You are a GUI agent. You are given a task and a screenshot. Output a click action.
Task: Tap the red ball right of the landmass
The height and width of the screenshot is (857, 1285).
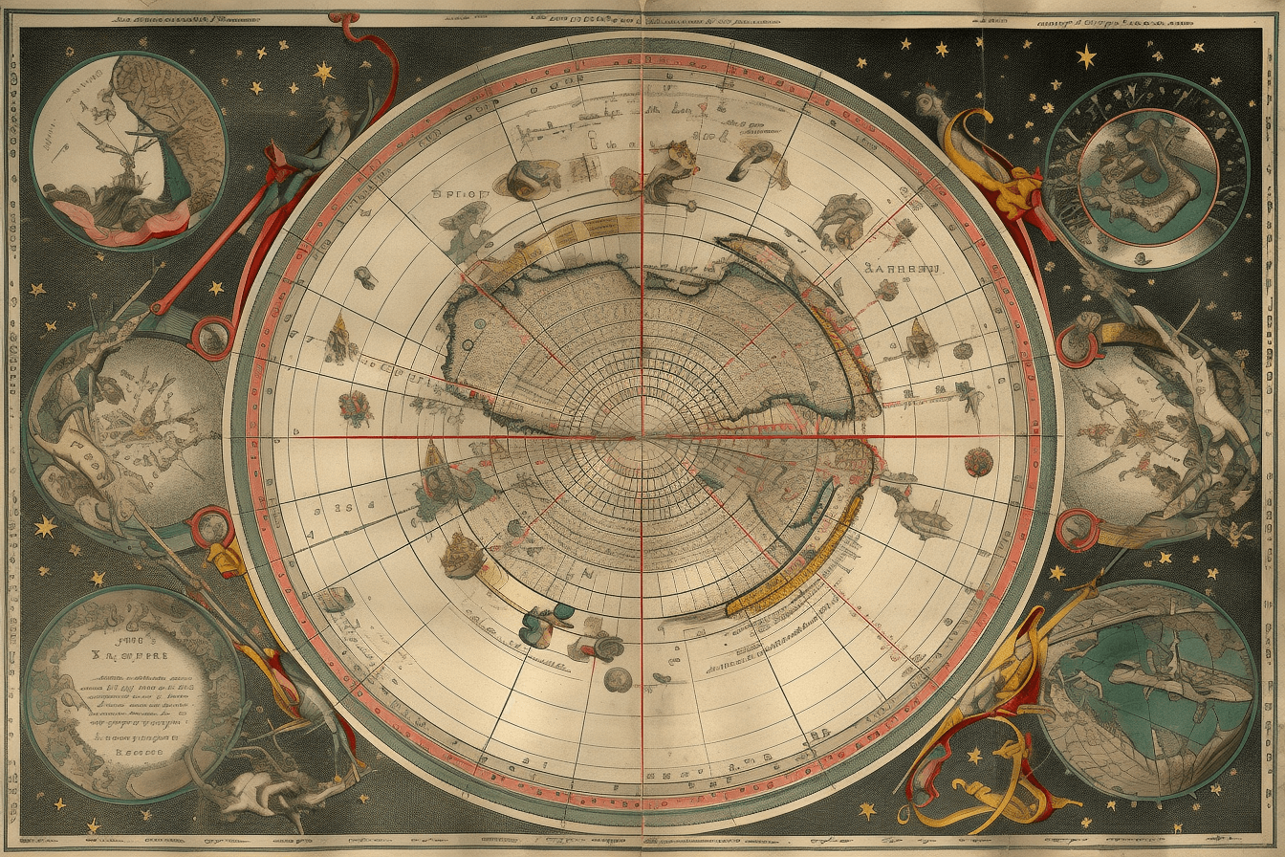(x=978, y=462)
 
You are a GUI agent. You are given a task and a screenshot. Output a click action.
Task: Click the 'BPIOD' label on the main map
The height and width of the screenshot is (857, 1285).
(x=460, y=193)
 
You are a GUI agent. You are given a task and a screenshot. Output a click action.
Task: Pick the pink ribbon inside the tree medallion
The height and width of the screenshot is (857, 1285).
(x=115, y=215)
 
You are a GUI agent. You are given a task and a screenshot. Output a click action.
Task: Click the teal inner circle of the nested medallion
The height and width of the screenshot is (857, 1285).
(x=1147, y=177)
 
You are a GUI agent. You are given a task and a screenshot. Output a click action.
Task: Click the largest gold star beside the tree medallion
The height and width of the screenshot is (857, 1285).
(x=324, y=72)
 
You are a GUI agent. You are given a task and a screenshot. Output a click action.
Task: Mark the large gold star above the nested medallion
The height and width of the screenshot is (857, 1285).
(x=1086, y=56)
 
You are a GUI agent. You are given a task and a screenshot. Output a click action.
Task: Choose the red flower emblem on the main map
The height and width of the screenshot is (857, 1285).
(x=355, y=407)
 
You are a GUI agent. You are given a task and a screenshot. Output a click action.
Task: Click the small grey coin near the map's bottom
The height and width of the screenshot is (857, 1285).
(x=617, y=679)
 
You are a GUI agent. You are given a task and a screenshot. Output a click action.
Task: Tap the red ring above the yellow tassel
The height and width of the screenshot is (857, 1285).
(x=209, y=525)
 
